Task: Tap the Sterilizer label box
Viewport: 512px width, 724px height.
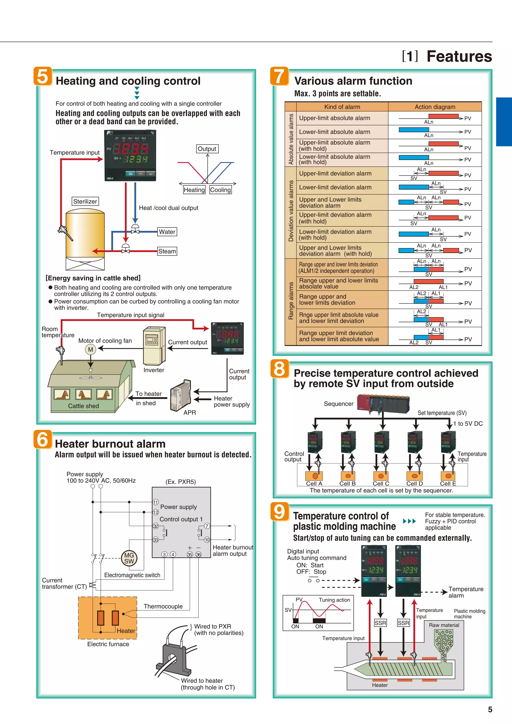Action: pyautogui.click(x=85, y=201)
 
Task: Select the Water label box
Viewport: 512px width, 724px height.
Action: pyautogui.click(x=167, y=232)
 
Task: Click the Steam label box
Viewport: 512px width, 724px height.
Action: pyautogui.click(x=167, y=251)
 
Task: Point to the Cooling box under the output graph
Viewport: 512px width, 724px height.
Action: pyautogui.click(x=220, y=190)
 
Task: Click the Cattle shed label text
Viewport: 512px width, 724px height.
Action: pyautogui.click(x=83, y=406)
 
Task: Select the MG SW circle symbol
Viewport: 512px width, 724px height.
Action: pyautogui.click(x=129, y=558)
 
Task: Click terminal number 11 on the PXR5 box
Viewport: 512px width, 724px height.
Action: pyautogui.click(x=156, y=502)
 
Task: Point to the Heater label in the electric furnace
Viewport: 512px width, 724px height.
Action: pyautogui.click(x=126, y=631)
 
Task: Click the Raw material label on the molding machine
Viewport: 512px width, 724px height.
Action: pyautogui.click(x=444, y=625)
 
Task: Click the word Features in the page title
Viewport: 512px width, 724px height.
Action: pyautogui.click(x=459, y=56)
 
